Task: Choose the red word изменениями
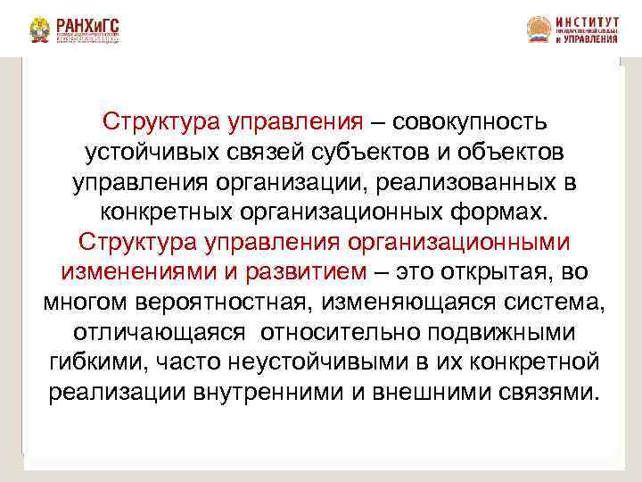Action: [124, 271]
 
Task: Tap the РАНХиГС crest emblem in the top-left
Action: [40, 31]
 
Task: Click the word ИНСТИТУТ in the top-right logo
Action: [586, 21]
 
